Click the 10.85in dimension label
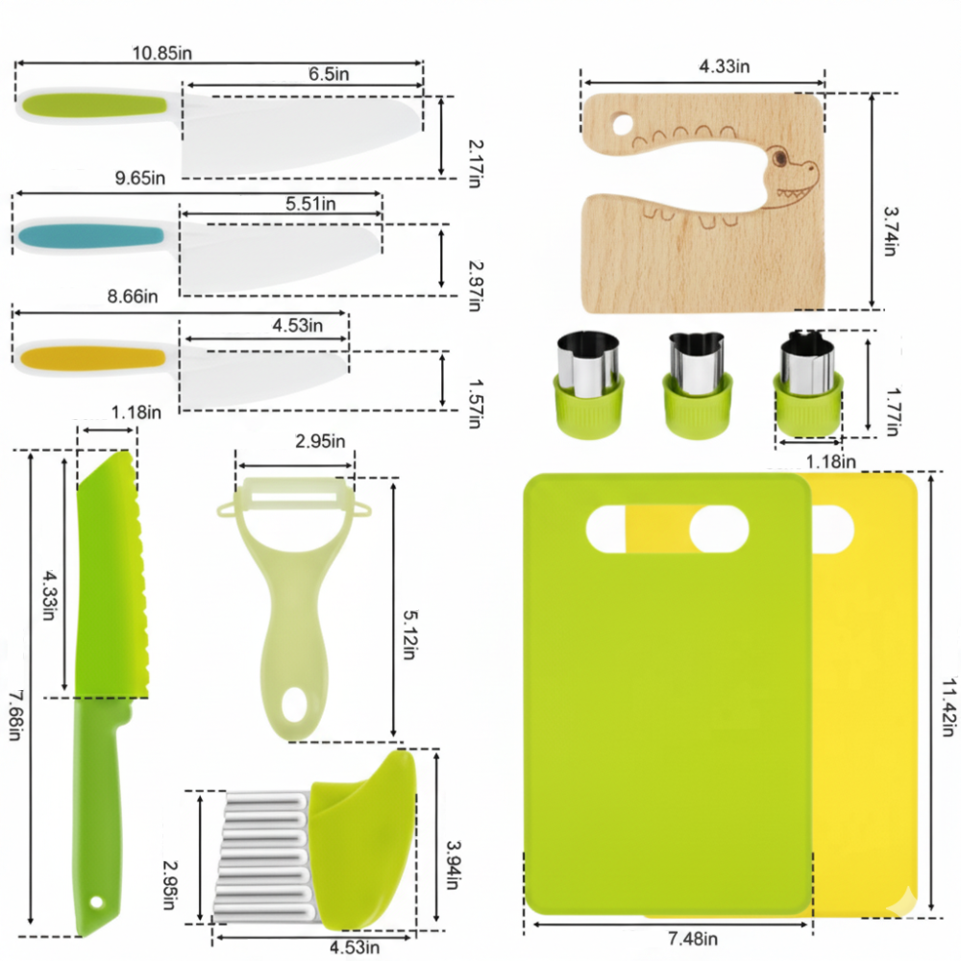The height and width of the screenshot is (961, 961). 162,53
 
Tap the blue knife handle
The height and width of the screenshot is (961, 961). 91,235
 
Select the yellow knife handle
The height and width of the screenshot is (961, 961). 92,357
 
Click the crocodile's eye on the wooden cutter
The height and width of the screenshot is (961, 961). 779,159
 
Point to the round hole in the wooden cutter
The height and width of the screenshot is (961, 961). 622,124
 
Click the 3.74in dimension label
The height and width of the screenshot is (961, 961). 891,231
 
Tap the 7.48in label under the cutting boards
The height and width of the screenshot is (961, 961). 693,938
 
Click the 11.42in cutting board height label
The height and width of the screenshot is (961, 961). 948,706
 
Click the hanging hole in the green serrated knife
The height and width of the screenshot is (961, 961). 96,902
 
